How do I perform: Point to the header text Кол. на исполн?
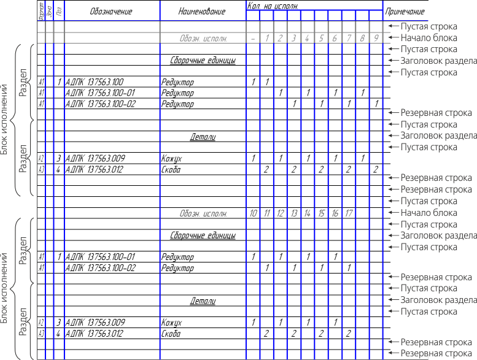tap(274, 5)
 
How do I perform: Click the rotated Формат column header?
tap(41, 11)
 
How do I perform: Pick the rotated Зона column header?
tap(50, 11)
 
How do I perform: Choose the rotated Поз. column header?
tap(59, 11)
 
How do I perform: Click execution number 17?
tap(348, 213)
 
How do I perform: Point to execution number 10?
tap(253, 213)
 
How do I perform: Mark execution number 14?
tap(307, 213)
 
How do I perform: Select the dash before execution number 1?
tap(253, 39)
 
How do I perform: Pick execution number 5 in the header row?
tap(321, 39)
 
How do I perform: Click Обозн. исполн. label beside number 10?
tap(203, 213)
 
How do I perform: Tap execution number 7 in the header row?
tap(348, 39)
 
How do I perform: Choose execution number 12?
tap(280, 213)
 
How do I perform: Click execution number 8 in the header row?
tap(362, 39)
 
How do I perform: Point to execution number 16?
tap(335, 213)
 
